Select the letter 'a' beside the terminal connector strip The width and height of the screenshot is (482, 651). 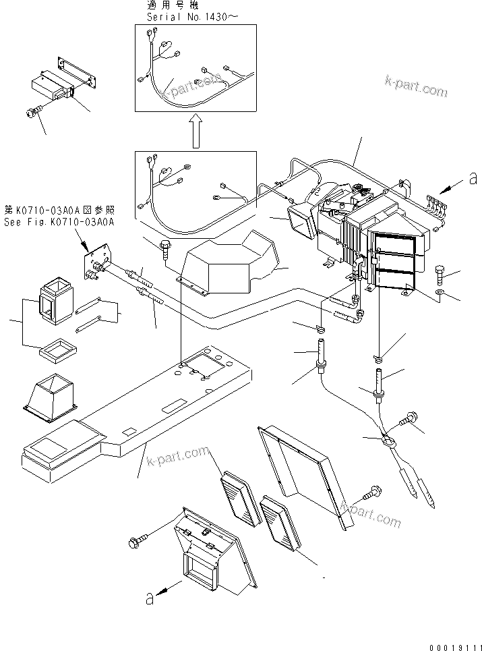tap(473, 179)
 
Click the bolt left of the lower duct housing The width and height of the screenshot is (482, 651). tap(135, 541)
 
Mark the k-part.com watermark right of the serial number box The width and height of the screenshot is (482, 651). tap(415, 87)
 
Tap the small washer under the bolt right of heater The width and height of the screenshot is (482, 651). tap(440, 293)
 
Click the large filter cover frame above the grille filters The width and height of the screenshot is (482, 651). tap(300, 472)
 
